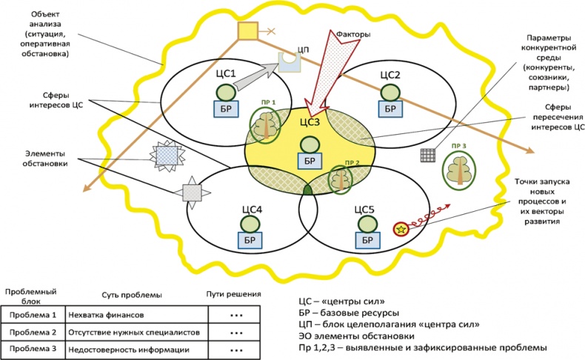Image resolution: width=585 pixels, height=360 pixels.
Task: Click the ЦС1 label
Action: pyautogui.click(x=224, y=74)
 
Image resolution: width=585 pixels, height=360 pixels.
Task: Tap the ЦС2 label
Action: pyautogui.click(x=390, y=74)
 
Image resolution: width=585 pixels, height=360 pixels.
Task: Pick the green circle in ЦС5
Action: pyautogui.click(x=365, y=222)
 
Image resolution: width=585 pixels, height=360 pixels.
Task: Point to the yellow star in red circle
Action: pyautogui.click(x=401, y=229)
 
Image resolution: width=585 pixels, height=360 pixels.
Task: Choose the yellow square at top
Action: pyautogui.click(x=247, y=31)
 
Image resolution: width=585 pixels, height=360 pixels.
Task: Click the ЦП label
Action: pyautogui.click(x=302, y=49)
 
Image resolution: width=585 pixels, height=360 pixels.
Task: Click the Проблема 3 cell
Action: pyautogui.click(x=33, y=349)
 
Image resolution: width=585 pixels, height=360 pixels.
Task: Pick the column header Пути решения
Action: pyautogui.click(x=233, y=294)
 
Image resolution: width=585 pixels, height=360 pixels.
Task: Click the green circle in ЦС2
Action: pyautogui.click(x=390, y=92)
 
